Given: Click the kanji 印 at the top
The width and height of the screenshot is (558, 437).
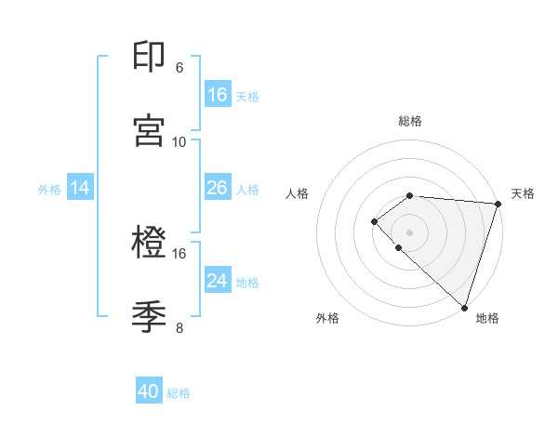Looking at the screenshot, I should [149, 58].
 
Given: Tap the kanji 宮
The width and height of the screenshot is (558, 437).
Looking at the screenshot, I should [149, 130].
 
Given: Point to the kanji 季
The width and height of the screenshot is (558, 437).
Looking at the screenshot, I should [149, 317].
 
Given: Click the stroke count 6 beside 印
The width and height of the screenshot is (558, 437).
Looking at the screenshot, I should [179, 68].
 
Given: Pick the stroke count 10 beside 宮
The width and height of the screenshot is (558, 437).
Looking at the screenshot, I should [179, 141].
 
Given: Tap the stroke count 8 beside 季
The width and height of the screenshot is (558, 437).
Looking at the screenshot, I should [179, 328].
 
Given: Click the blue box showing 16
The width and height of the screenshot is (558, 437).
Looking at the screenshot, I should [218, 95].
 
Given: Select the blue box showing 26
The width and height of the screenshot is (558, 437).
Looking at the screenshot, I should [218, 188].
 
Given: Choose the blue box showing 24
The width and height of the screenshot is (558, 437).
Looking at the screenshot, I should [218, 281].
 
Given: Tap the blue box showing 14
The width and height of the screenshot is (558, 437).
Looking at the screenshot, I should [80, 188].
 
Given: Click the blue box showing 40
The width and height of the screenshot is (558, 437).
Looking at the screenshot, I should [149, 392].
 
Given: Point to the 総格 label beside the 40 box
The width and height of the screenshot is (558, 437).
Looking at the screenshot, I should [179, 393].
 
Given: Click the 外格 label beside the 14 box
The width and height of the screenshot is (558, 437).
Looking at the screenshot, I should [49, 189].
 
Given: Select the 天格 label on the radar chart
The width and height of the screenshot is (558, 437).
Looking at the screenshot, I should [523, 193].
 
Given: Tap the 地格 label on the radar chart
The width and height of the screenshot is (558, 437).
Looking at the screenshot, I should [487, 318].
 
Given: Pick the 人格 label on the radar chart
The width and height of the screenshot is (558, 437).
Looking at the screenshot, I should [298, 193].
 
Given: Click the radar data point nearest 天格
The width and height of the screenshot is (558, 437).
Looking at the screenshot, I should [498, 204].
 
